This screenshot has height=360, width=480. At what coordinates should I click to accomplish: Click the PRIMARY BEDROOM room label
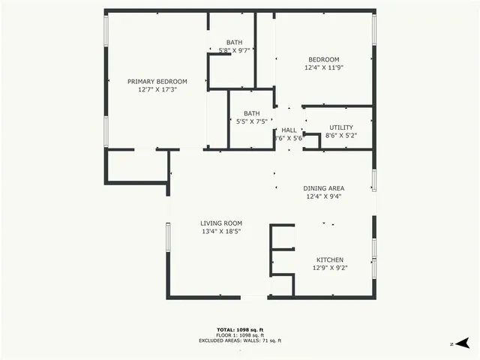pyautogui.click(x=157, y=81)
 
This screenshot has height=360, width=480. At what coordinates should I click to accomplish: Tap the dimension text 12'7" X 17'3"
pyautogui.click(x=157, y=89)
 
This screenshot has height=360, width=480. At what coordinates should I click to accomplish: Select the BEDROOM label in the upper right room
pyautogui.click(x=324, y=60)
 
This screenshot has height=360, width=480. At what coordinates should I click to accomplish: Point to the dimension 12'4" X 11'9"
pyautogui.click(x=324, y=68)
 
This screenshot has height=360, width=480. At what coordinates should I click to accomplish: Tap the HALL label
pyautogui.click(x=289, y=130)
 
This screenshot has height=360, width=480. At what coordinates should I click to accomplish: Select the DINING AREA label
pyautogui.click(x=323, y=188)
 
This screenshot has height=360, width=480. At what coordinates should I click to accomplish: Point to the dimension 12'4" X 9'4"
pyautogui.click(x=323, y=196)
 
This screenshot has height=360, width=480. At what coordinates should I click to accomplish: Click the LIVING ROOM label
pyautogui.click(x=220, y=223)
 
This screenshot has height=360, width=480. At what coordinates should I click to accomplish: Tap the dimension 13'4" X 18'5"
pyautogui.click(x=220, y=232)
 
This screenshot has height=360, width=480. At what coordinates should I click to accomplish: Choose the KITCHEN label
pyautogui.click(x=329, y=259)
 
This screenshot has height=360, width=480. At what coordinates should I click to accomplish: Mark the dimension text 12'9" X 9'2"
pyautogui.click(x=329, y=267)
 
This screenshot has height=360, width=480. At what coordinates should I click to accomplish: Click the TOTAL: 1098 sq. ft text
pyautogui.click(x=239, y=329)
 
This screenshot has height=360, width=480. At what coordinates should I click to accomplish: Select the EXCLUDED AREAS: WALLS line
pyautogui.click(x=239, y=340)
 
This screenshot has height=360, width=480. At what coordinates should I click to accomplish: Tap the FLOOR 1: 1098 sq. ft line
pyautogui.click(x=239, y=335)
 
